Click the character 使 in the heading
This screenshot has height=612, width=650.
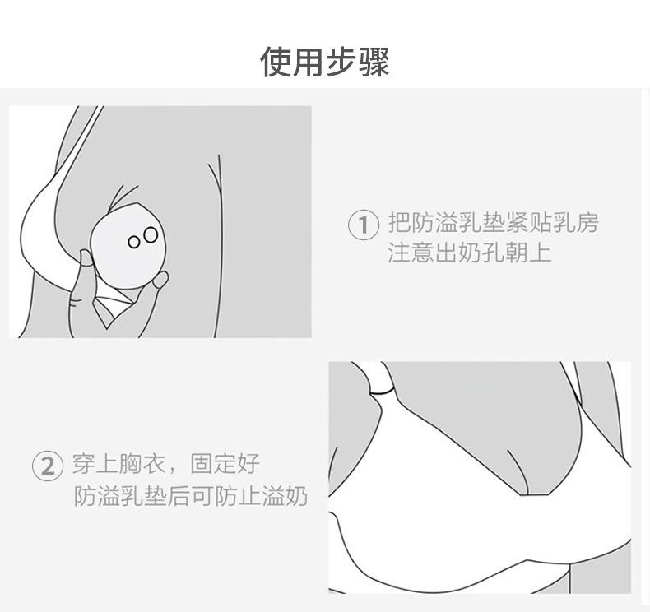[276, 62]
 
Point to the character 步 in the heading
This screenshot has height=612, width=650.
[341, 62]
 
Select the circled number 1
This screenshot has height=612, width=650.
[364, 225]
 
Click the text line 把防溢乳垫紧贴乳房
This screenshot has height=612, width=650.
[493, 223]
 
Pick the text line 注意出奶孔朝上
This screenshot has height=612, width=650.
[469, 252]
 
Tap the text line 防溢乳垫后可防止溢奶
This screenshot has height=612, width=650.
[190, 496]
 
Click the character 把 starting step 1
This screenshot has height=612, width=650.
[399, 223]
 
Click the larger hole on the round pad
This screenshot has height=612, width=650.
[150, 236]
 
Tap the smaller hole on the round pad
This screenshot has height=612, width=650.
[134, 242]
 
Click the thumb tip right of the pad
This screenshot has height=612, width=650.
[160, 280]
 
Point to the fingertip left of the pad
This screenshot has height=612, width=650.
[86, 258]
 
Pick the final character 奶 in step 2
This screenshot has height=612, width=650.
[296, 496]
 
